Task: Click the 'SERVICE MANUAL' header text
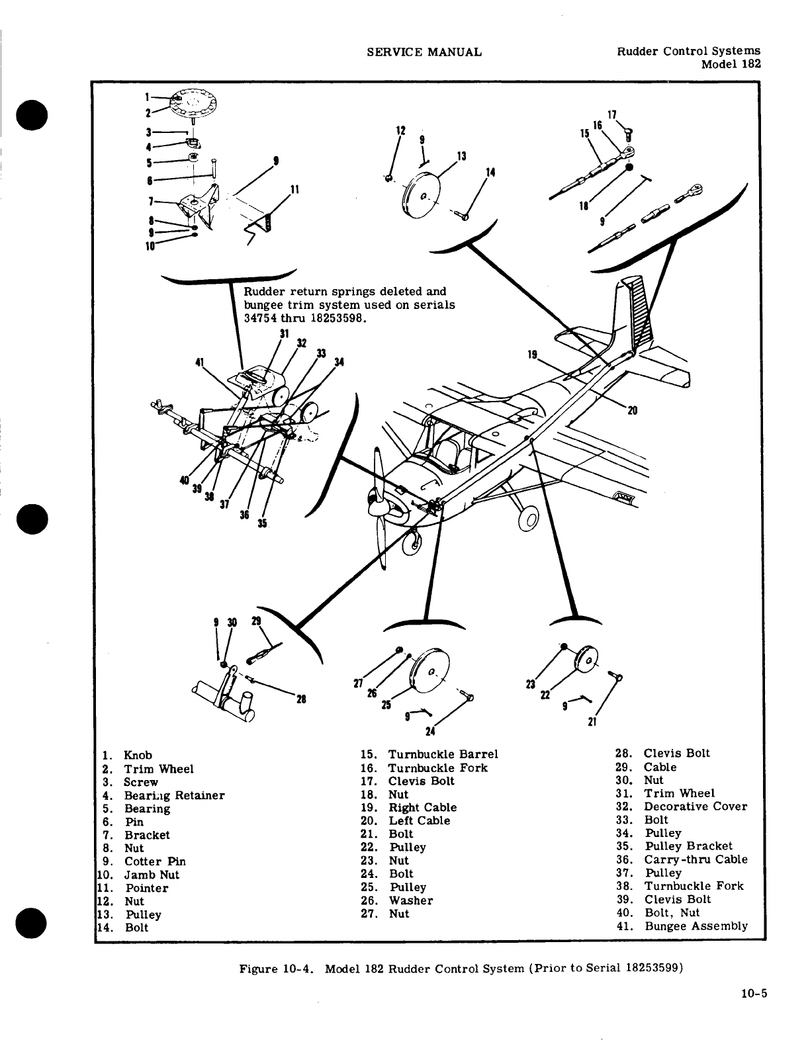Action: coord(424,52)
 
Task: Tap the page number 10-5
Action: coord(748,992)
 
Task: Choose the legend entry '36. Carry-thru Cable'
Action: coord(688,859)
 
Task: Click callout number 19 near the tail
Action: coord(531,355)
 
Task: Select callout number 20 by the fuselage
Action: coord(632,410)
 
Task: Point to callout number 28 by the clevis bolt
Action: coord(301,699)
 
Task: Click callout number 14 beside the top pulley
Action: coord(490,173)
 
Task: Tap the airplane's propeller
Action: coord(380,509)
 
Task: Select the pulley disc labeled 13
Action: coord(422,195)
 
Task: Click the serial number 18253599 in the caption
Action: coord(651,969)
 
